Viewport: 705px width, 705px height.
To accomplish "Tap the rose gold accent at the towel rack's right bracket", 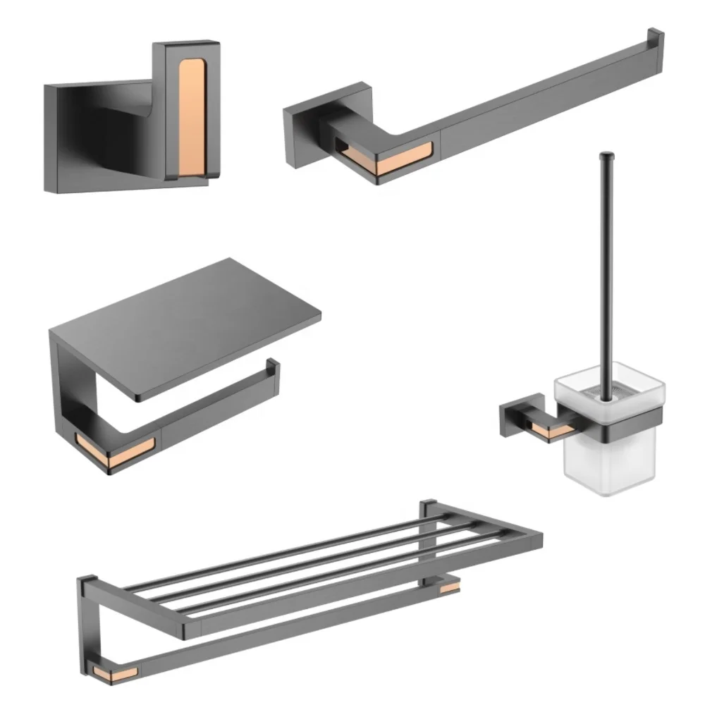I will pos(446,582).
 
